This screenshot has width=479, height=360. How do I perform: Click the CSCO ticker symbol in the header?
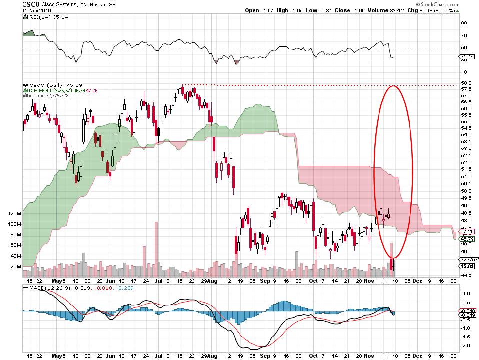(31, 3)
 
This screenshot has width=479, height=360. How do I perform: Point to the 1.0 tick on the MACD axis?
(465, 293)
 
